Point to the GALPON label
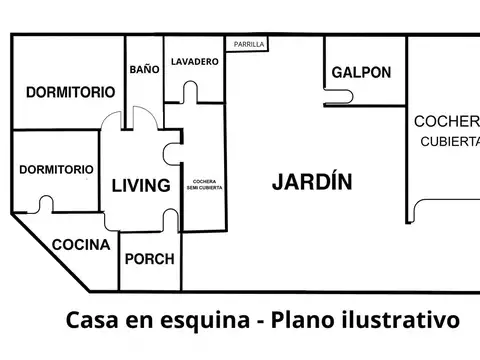click(x=361, y=73)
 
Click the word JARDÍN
click(x=312, y=182)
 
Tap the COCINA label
click(x=81, y=244)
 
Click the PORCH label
click(x=148, y=258)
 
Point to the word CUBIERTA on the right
click(x=449, y=141)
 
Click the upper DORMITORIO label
click(x=69, y=91)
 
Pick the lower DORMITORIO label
click(x=57, y=169)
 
